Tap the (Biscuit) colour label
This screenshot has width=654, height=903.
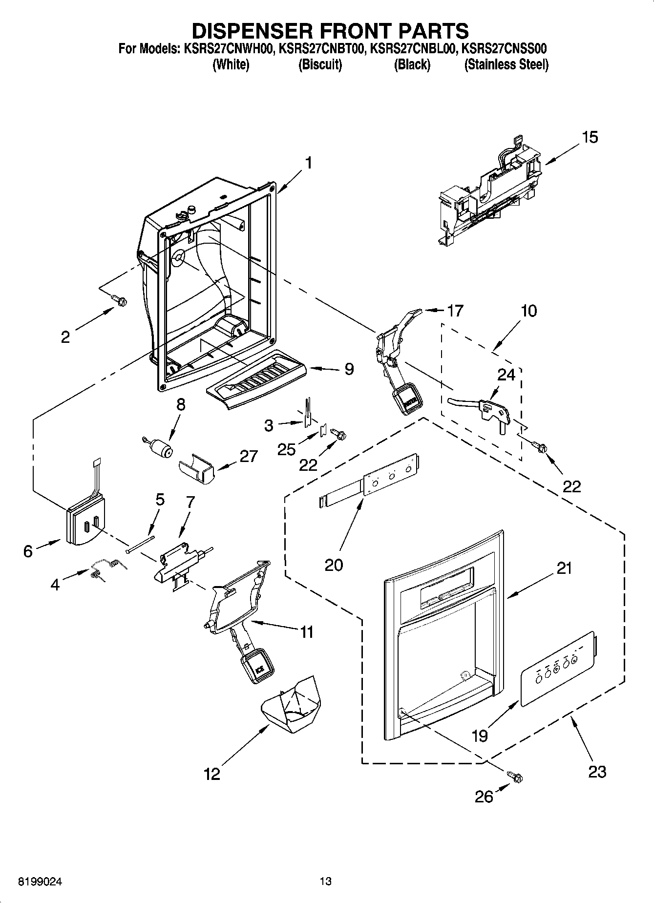(x=320, y=65)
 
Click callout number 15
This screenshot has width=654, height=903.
(x=590, y=137)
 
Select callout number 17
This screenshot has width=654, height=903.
(x=455, y=311)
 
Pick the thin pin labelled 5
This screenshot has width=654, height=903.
(x=140, y=544)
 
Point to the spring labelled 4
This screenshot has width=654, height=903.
(x=107, y=568)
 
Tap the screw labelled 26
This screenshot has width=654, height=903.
(x=515, y=776)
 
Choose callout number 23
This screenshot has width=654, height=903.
(x=596, y=772)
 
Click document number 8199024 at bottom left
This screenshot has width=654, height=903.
(x=41, y=882)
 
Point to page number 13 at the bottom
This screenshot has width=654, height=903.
(x=325, y=882)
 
